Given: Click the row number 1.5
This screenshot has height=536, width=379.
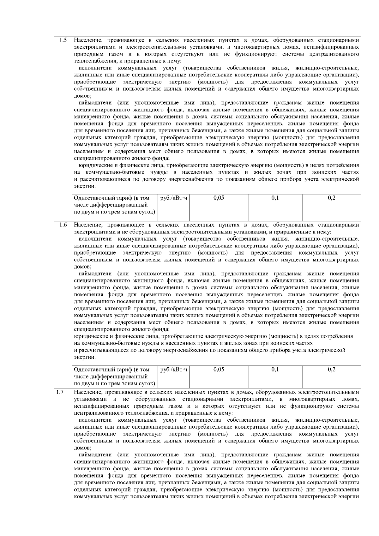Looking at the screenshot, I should tap(63, 40).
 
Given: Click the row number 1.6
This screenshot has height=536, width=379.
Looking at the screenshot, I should tap(63, 225).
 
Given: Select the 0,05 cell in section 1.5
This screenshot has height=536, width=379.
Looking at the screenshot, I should tap(219, 198).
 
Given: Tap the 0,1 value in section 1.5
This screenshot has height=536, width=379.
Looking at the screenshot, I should tap(275, 198).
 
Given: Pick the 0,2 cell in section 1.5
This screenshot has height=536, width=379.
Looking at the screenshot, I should tap(332, 198).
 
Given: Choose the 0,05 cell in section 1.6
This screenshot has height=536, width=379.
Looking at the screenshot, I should tap(219, 369).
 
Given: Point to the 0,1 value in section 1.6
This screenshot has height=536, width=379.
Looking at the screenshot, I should tap(275, 369).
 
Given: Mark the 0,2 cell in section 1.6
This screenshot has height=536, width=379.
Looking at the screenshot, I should tap(332, 369).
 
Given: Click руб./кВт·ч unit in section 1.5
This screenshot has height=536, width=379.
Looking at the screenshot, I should tap(174, 198).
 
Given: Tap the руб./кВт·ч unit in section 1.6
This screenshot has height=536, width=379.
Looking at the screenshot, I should tap(174, 369).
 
